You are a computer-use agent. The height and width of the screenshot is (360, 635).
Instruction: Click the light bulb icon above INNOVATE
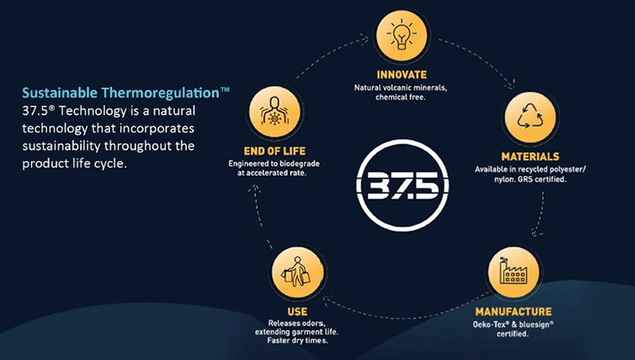pos(402,36)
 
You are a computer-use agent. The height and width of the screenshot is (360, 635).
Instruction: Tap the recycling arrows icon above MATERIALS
pos(530,117)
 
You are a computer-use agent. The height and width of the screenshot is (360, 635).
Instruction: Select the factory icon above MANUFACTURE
pos(513,271)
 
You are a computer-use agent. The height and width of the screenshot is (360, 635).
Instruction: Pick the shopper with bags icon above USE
pos(298,272)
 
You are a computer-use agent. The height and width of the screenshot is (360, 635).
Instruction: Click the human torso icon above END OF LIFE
pos(274,111)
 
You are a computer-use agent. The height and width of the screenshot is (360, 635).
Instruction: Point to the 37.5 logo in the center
pos(402,186)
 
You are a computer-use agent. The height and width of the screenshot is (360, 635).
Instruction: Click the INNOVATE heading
pos(402,75)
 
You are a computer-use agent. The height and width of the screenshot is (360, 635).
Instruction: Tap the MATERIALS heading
pos(530,157)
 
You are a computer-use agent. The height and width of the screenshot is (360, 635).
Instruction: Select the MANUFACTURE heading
pos(513,311)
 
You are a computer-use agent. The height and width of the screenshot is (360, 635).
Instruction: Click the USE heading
pos(297,311)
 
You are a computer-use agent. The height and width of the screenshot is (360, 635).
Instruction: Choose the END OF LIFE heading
pos(274,152)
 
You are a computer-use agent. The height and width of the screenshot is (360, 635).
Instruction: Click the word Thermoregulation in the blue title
pos(160,93)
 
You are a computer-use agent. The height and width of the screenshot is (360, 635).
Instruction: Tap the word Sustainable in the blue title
pos(60,93)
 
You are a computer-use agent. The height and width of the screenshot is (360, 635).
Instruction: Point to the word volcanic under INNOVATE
pos(397,88)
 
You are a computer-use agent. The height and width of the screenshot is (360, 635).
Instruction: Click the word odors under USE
pos(314,324)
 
